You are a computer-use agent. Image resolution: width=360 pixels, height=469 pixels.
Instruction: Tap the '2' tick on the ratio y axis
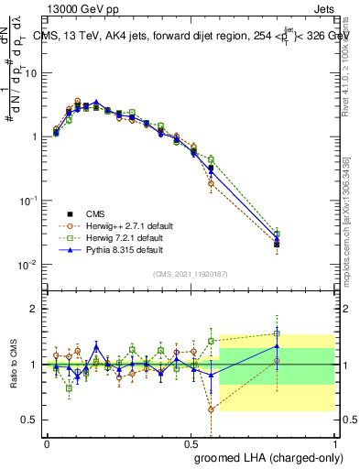[x=35, y=309]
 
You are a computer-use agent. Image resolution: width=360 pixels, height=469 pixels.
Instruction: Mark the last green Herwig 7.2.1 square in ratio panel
[x=277, y=333]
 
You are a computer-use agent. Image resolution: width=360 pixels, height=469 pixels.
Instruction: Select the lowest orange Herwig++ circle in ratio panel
[x=212, y=409]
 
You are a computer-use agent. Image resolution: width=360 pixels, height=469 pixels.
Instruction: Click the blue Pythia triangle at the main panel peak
[x=96, y=103]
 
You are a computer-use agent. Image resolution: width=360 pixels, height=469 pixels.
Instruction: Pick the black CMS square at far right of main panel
[x=277, y=245]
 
